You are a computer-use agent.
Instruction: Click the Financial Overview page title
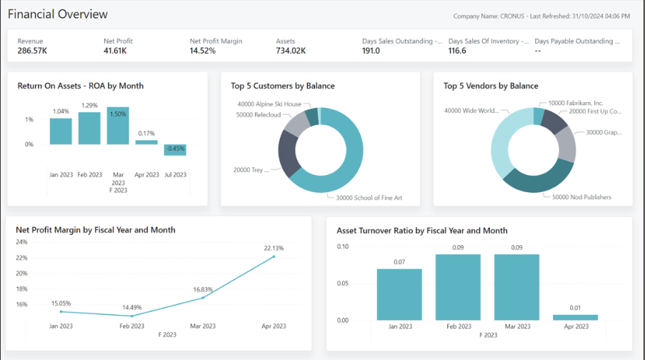click(x=58, y=14)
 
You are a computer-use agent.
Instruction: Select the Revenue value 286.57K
click(x=33, y=51)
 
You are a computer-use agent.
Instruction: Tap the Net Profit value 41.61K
click(x=115, y=51)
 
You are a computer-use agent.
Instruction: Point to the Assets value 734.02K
click(x=291, y=51)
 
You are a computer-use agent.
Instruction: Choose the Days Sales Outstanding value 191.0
click(x=371, y=51)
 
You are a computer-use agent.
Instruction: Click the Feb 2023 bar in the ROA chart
click(x=89, y=128)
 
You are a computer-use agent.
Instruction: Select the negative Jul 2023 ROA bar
click(x=175, y=149)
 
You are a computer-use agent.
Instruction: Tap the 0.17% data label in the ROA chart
click(x=146, y=133)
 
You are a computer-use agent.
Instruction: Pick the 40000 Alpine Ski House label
click(x=269, y=104)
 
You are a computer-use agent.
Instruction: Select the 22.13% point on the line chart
click(x=274, y=256)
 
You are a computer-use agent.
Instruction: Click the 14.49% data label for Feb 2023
click(x=132, y=307)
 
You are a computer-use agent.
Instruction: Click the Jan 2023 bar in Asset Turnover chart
click(x=399, y=294)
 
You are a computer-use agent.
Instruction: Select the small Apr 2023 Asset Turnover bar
click(x=575, y=317)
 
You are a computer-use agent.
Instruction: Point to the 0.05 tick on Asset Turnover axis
click(x=344, y=284)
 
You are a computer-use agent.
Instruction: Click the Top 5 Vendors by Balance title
click(x=491, y=86)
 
